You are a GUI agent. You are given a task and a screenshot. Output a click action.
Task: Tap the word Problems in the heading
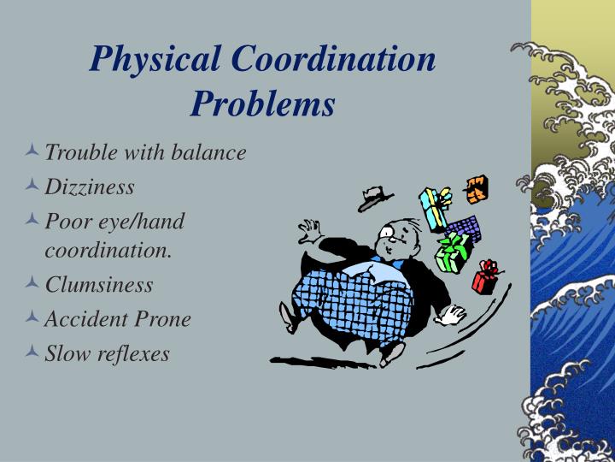tap(263, 104)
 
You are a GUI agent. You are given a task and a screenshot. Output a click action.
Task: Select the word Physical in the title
tap(157, 60)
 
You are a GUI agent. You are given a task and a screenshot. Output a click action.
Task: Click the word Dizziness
tap(90, 186)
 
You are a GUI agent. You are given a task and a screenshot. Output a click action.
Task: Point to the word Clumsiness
tap(99, 284)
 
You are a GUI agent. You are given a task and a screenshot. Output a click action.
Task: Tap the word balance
tap(210, 152)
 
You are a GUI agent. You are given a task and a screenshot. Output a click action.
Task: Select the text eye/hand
tap(143, 220)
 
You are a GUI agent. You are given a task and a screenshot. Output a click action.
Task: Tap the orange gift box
tap(476, 188)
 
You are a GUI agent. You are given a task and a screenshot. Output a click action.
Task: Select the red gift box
tap(487, 278)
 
